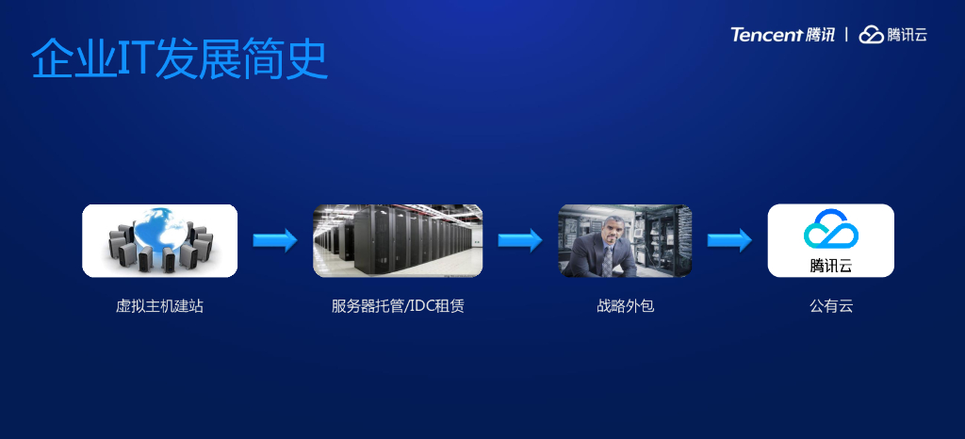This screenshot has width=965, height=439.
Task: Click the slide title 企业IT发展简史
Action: click(x=179, y=59)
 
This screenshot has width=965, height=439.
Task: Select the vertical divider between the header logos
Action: click(x=847, y=35)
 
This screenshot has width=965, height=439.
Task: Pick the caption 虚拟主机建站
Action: click(x=159, y=306)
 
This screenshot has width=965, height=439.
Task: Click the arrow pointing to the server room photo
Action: click(x=275, y=240)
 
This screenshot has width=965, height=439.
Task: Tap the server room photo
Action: click(x=398, y=240)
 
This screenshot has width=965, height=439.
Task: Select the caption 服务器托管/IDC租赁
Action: click(x=398, y=306)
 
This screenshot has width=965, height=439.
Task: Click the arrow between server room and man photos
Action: click(x=520, y=240)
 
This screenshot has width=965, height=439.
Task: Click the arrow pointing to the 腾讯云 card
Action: click(x=729, y=240)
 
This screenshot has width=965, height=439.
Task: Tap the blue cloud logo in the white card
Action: click(x=830, y=230)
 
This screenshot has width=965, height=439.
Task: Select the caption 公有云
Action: click(x=830, y=306)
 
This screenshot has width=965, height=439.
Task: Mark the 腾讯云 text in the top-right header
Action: click(x=908, y=35)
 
